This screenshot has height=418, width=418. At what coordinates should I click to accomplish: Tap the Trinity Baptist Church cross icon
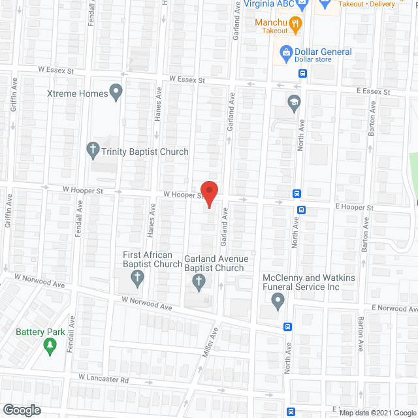(92, 151)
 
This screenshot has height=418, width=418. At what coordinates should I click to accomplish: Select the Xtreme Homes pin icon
(117, 93)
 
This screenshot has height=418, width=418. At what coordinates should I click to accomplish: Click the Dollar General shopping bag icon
(285, 52)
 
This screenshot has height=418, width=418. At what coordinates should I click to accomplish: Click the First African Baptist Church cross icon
(137, 280)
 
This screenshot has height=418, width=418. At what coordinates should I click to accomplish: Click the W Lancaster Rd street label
(104, 378)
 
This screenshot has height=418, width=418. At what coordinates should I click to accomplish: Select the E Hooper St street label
(353, 207)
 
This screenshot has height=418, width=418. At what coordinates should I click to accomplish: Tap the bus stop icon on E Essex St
(303, 73)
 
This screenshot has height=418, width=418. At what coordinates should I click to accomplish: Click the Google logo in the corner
(21, 410)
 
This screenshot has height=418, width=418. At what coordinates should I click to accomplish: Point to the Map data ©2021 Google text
(378, 413)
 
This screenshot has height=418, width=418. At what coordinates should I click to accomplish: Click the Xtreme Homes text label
(78, 93)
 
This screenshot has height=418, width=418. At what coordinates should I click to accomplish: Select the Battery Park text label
(41, 332)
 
